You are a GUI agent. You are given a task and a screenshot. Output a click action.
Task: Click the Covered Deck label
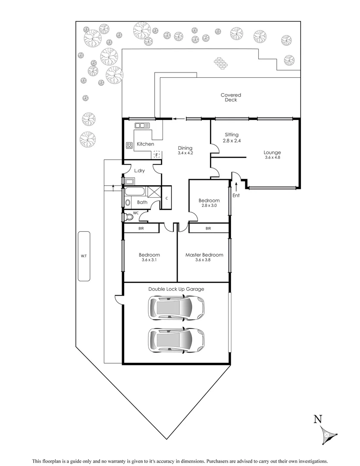(231, 98)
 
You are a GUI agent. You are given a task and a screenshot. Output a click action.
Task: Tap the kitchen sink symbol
(141, 126)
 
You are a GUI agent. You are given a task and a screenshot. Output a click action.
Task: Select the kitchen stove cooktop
(129, 145)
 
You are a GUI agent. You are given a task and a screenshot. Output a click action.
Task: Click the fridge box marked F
(157, 154)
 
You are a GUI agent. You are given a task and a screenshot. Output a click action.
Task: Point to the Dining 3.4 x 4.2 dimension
(185, 153)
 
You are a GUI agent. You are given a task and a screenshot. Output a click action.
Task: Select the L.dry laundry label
(139, 170)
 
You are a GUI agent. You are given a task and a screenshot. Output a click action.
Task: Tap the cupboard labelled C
(166, 198)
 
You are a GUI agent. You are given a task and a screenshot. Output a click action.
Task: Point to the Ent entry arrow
(236, 187)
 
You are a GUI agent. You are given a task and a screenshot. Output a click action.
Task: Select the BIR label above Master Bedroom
(208, 228)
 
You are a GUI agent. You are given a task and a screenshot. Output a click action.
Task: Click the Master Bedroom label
(204, 255)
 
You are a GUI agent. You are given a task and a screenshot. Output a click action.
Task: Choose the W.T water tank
(84, 256)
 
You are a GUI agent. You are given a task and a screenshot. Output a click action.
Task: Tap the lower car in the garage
(176, 340)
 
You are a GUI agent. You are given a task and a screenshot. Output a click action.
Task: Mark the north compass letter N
(317, 419)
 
